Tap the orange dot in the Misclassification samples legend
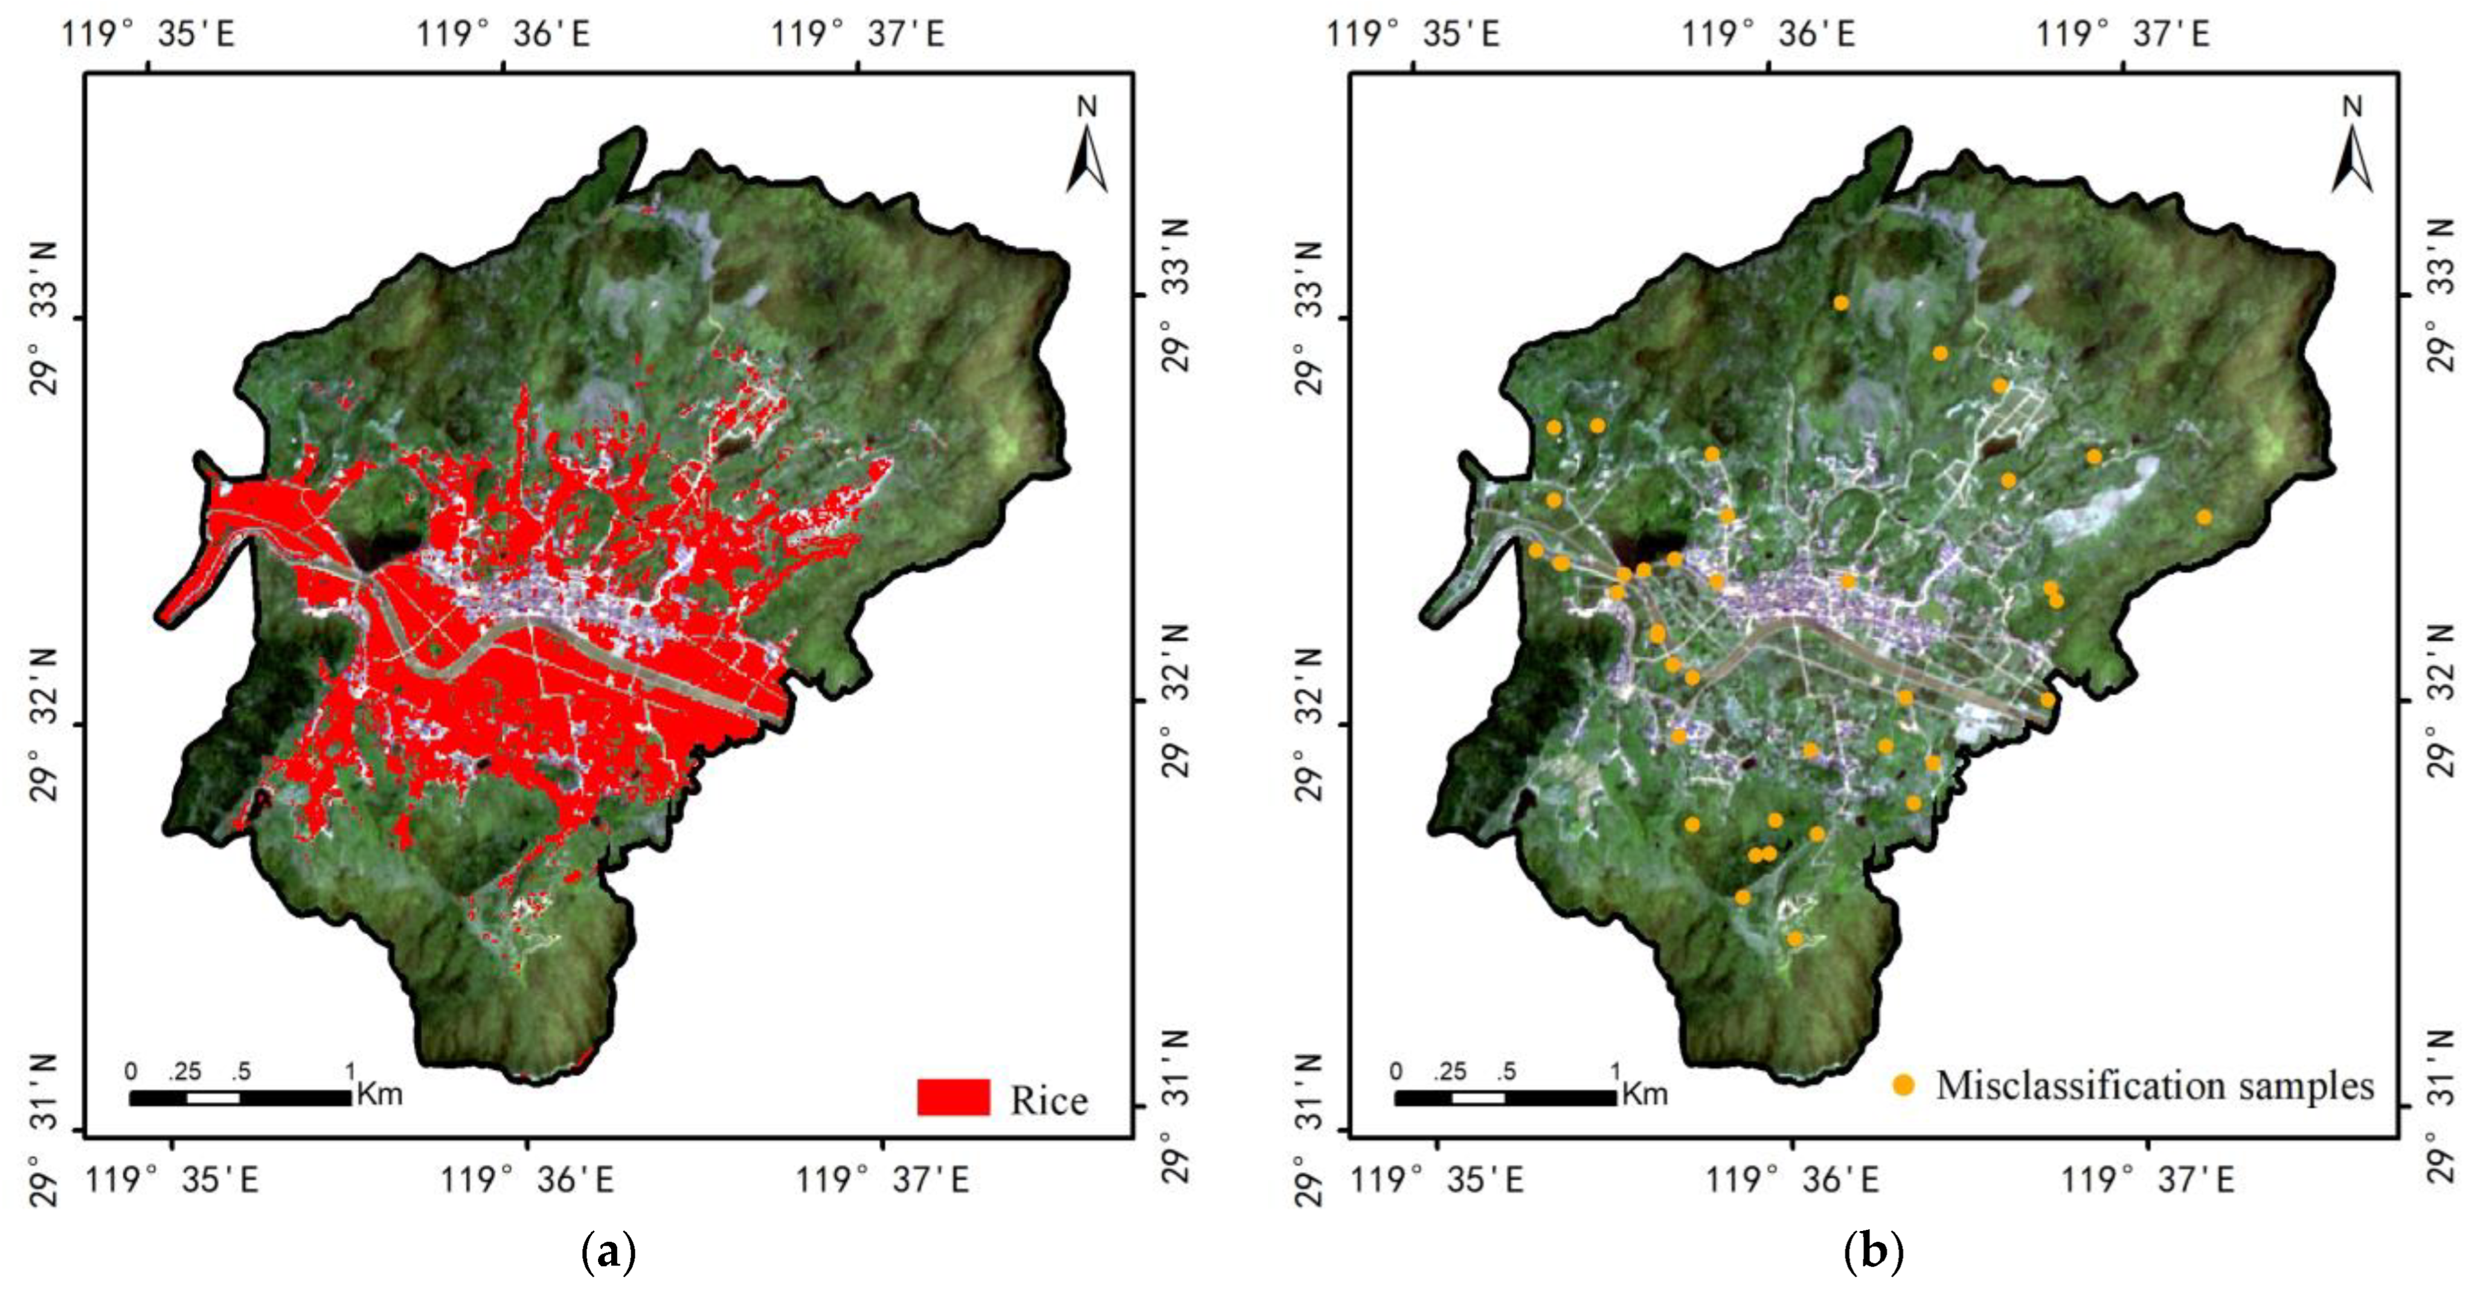(x=1903, y=1085)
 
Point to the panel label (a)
(x=609, y=1253)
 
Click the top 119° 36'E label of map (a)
(x=503, y=34)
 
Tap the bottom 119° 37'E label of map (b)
(x=2147, y=1178)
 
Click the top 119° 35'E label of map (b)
(x=1413, y=34)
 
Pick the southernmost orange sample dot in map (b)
(x=1795, y=938)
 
